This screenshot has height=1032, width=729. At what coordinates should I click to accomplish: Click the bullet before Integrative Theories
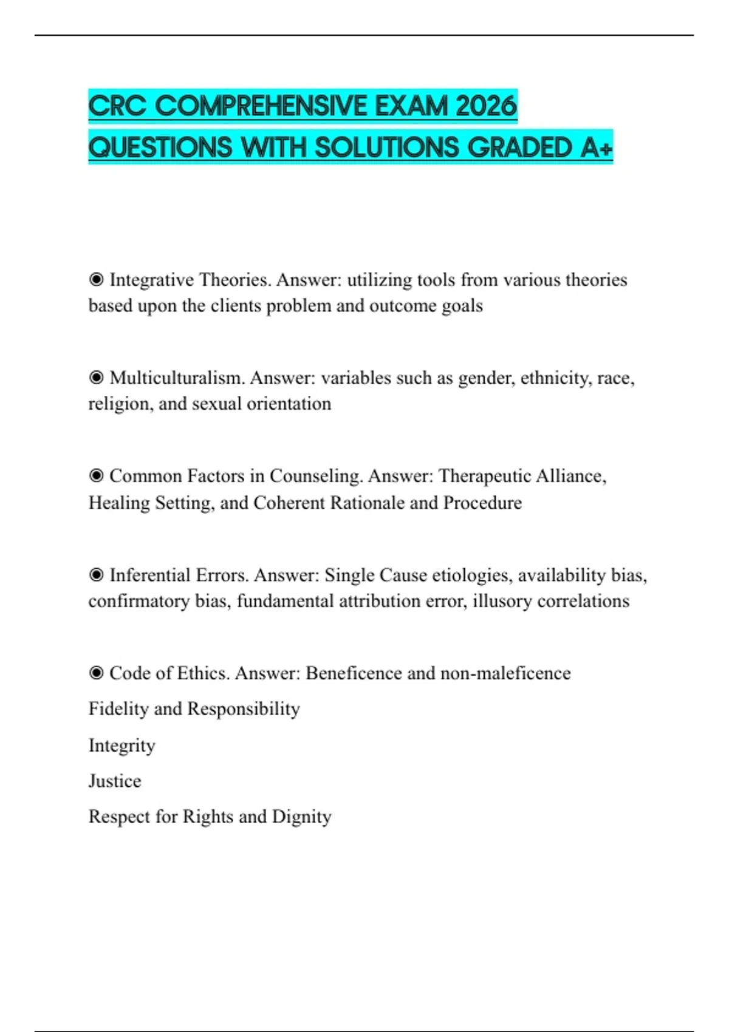tap(96, 280)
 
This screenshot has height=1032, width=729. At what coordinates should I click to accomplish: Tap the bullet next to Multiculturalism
tap(96, 378)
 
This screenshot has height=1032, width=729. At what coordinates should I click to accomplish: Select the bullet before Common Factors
tap(96, 476)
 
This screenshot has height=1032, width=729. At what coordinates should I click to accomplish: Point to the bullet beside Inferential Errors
tap(96, 575)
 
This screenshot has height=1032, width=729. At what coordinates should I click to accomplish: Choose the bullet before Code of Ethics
tap(96, 673)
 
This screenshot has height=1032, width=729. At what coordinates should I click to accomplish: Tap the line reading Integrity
tap(122, 745)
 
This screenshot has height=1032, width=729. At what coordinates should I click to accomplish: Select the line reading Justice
tap(115, 781)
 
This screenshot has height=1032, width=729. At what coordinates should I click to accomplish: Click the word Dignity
tap(301, 816)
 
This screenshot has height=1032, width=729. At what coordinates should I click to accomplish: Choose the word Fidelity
tap(118, 708)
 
